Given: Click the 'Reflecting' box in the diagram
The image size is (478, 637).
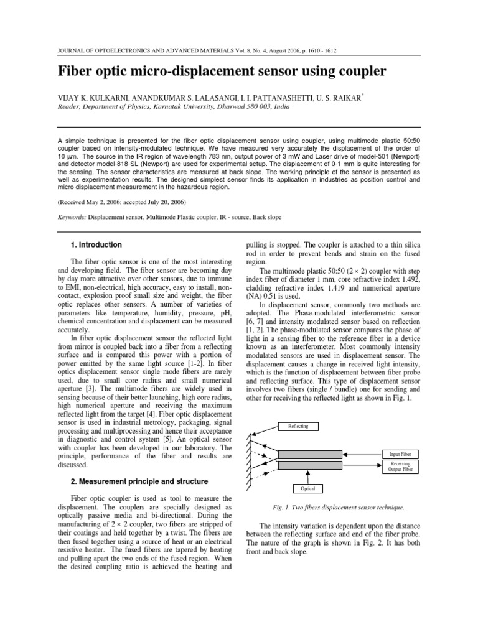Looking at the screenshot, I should point(298,426).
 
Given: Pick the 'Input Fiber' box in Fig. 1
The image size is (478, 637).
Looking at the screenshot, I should point(400,455).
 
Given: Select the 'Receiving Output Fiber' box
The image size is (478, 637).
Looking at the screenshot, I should point(400,467).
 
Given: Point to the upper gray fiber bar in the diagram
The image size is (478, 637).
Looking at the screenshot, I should point(309,455).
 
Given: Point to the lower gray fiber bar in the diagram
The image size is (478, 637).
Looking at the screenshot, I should point(309,465).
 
